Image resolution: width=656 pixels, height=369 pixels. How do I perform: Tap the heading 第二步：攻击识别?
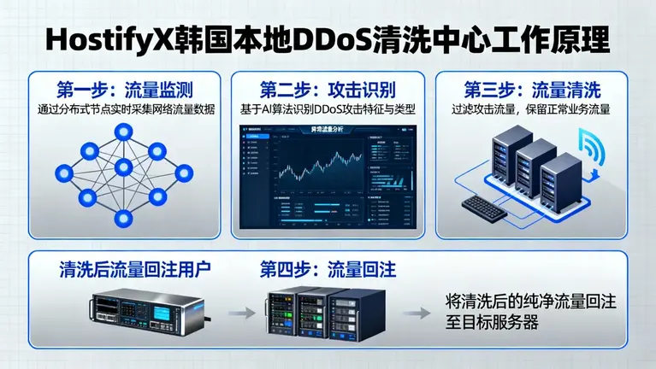pyautogui.click(x=328, y=90)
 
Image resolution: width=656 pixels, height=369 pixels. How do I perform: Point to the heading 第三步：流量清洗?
pyautogui.click(x=532, y=90)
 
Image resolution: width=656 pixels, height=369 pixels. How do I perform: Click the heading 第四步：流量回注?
pyautogui.click(x=328, y=270)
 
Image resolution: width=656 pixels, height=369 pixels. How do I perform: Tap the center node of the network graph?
pyautogui.click(x=123, y=167)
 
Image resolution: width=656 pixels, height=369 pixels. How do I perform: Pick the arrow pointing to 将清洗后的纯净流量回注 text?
pyautogui.click(x=416, y=313)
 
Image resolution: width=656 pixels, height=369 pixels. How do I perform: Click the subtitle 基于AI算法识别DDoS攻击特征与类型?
pyautogui.click(x=328, y=109)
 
